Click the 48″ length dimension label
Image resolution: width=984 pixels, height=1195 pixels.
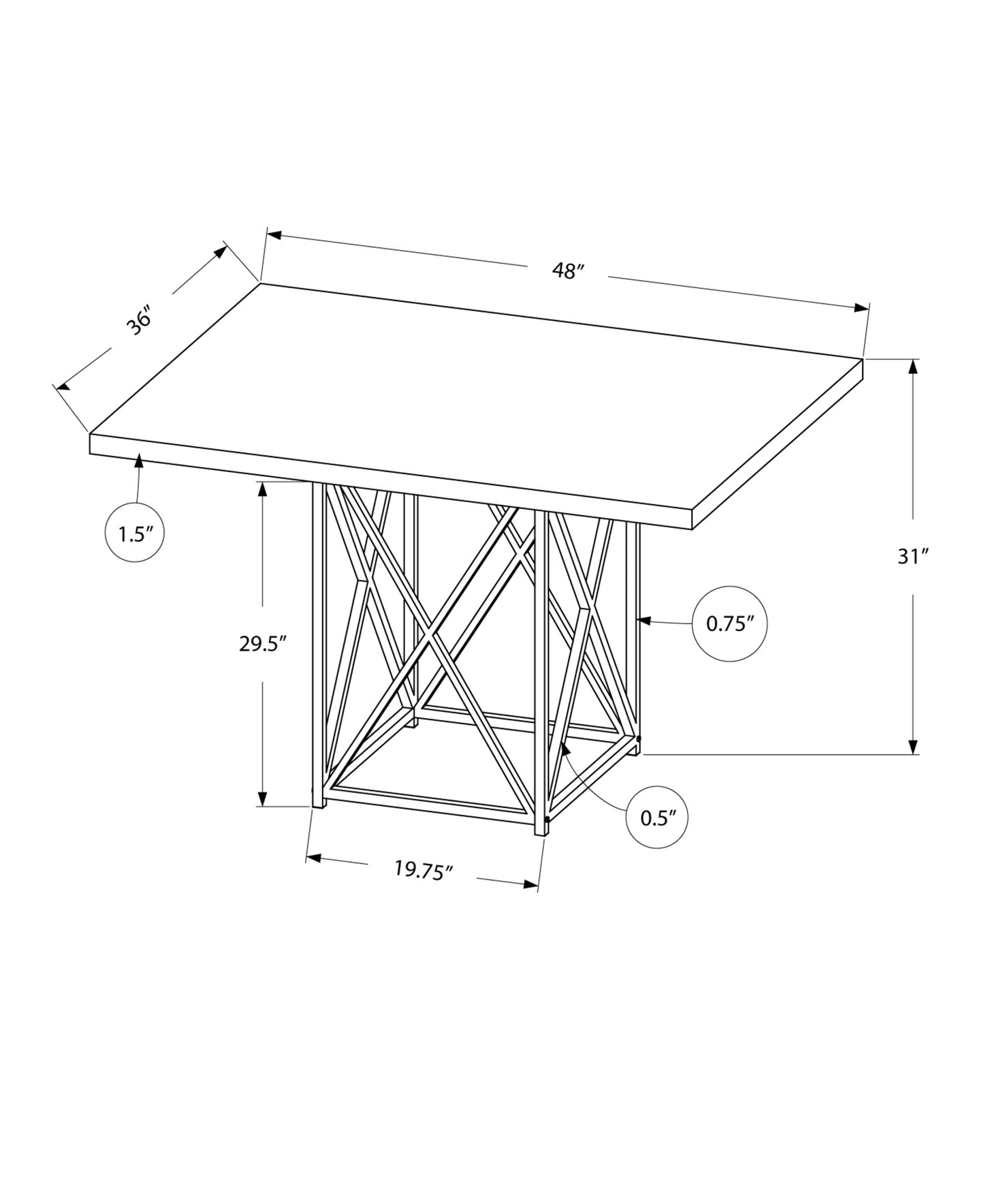(x=569, y=270)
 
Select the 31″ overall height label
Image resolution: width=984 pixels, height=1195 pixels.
(x=913, y=557)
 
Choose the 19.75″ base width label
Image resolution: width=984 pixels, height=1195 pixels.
(x=424, y=870)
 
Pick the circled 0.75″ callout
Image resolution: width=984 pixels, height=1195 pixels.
(x=729, y=623)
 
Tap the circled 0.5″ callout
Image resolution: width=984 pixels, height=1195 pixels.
(x=656, y=818)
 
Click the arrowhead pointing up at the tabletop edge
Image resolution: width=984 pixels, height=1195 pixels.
(x=140, y=460)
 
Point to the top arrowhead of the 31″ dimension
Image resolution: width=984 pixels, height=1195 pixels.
(x=913, y=366)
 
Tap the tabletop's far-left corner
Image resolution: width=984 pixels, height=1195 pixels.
(x=91, y=434)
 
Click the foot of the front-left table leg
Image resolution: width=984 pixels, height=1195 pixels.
(x=317, y=805)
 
